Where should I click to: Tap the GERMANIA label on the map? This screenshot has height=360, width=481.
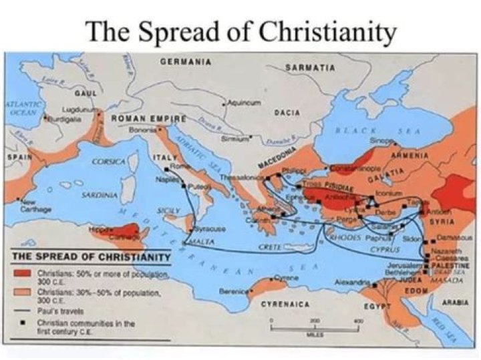click(x=186, y=61)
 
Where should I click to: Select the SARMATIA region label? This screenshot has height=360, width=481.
click(x=310, y=67)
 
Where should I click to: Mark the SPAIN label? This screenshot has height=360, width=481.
click(x=17, y=157)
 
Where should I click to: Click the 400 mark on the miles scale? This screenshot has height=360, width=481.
click(x=357, y=321)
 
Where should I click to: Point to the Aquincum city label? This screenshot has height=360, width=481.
click(x=243, y=102)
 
